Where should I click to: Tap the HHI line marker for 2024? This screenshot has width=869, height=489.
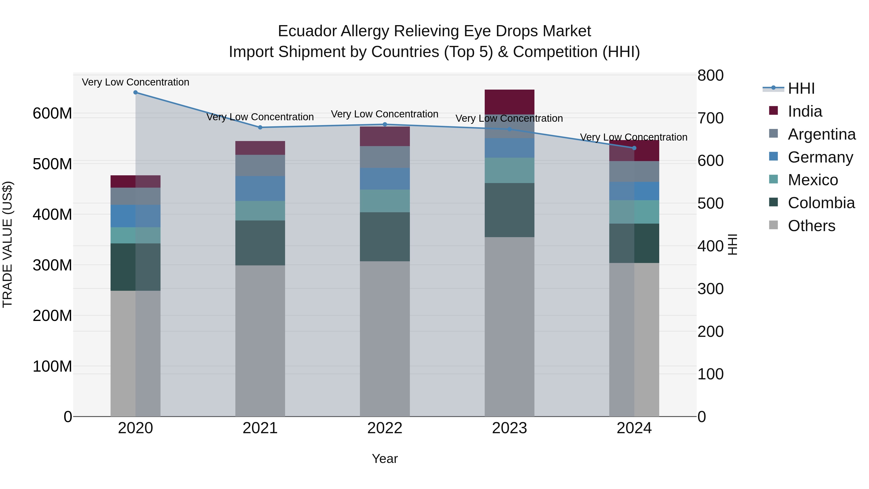(x=634, y=148)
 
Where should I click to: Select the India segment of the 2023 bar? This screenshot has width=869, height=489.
(x=509, y=102)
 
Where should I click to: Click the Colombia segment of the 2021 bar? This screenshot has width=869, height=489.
(x=260, y=243)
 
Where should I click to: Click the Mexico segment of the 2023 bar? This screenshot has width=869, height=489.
(x=509, y=170)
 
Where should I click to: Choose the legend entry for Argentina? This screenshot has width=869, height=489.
(x=821, y=134)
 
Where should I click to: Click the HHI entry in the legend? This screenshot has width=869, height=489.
(x=801, y=88)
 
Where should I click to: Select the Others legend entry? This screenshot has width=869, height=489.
(x=811, y=226)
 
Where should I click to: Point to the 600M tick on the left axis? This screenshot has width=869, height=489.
(x=52, y=113)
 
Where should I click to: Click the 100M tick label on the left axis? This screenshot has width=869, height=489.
(x=52, y=366)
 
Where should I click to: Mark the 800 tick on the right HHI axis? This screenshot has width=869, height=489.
(x=710, y=75)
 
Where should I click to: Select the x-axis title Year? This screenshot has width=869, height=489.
(x=385, y=459)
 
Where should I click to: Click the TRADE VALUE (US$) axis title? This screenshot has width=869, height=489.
(x=7, y=244)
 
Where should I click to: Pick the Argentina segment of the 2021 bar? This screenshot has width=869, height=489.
(x=260, y=165)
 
